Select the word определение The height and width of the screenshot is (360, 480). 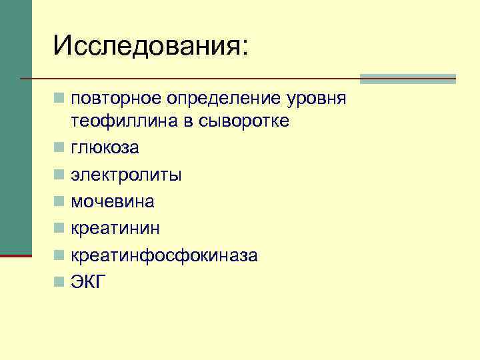pos(219,99)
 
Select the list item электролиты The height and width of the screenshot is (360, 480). pos(126,175)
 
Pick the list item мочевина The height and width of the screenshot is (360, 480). pos(113,201)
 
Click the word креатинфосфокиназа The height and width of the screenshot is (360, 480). pos(165,256)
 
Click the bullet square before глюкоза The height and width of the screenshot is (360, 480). pos(60,148)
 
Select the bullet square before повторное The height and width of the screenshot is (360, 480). pos(60,99)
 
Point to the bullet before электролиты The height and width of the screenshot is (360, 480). pos(60,175)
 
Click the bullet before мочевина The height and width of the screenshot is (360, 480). pos(60,202)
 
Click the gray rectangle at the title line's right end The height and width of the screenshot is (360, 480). pos(407,79)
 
